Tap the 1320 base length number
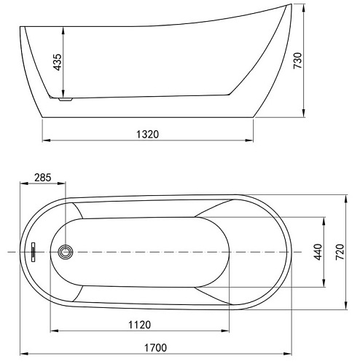tap(148, 133)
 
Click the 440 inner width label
tap(318, 252)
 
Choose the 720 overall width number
tap(340, 252)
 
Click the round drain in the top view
tap(66, 252)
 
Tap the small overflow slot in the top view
tap(33, 252)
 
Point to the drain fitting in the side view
tap(64, 99)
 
